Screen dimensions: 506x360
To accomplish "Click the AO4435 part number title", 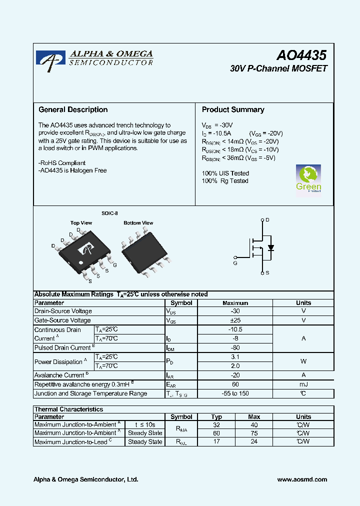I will pyautogui.click(x=301, y=55).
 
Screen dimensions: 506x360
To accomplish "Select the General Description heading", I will pyautogui.click(x=73, y=109).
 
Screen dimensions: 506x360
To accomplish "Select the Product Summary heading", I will pyautogui.click(x=233, y=109).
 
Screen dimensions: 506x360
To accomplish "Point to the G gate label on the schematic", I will pyautogui.click(x=235, y=262).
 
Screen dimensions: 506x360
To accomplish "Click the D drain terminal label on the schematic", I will pyautogui.click(x=267, y=220).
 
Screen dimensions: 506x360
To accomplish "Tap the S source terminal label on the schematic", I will pyautogui.click(x=267, y=273).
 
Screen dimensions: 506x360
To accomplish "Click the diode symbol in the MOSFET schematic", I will pyautogui.click(x=270, y=247).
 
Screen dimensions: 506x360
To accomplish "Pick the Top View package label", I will pyautogui.click(x=81, y=223).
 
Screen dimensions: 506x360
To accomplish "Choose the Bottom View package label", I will pyautogui.click(x=138, y=223).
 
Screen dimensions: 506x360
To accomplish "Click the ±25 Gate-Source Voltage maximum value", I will pyautogui.click(x=235, y=320).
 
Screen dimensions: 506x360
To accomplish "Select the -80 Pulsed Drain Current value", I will pyautogui.click(x=235, y=347).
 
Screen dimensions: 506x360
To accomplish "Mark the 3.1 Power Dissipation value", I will pyautogui.click(x=235, y=357).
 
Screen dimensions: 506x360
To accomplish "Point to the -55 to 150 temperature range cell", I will pyautogui.click(x=235, y=393).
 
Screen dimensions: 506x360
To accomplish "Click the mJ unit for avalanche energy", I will pyautogui.click(x=303, y=384).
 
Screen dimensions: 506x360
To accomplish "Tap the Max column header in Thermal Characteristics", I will pyautogui.click(x=254, y=416).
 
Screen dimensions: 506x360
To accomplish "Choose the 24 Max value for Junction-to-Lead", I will pyautogui.click(x=254, y=441).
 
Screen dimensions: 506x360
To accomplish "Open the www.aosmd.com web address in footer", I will pyautogui.click(x=302, y=479).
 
